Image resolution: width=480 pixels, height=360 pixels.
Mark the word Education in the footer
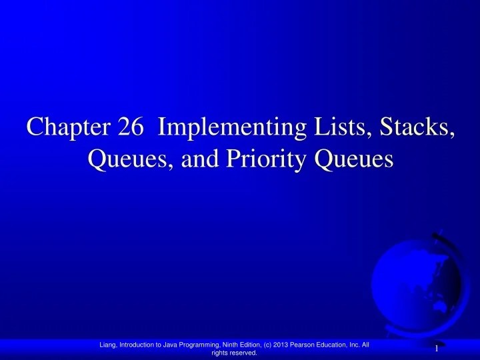coord(344,344)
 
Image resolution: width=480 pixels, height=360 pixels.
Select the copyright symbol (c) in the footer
coord(273,344)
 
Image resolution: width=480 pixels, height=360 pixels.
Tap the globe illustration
coord(419,281)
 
